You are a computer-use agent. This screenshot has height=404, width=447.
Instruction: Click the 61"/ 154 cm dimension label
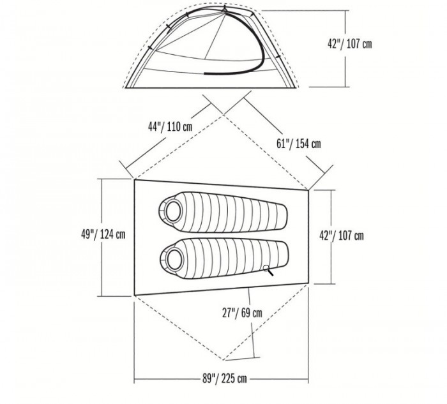[298, 143]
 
